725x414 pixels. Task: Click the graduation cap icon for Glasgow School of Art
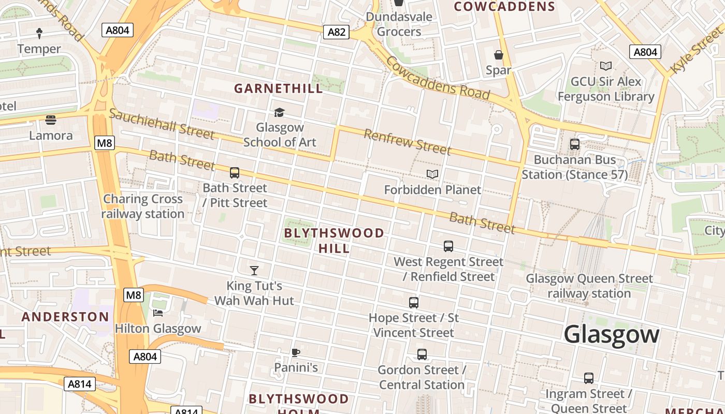(x=279, y=112)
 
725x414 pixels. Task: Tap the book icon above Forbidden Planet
(x=432, y=174)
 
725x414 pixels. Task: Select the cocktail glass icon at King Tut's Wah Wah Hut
(x=254, y=270)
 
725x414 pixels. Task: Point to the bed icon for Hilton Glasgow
(x=158, y=313)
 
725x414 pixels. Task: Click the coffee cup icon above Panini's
(x=295, y=352)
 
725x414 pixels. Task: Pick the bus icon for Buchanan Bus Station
(x=574, y=144)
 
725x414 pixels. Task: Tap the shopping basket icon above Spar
(x=498, y=55)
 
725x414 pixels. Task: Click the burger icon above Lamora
(x=51, y=120)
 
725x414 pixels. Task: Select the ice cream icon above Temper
(x=39, y=34)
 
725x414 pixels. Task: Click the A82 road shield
(x=336, y=32)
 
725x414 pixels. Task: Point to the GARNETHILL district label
(x=279, y=88)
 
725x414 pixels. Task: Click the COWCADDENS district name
(x=504, y=7)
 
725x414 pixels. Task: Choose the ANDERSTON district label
(x=65, y=317)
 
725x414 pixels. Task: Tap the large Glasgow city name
(x=611, y=334)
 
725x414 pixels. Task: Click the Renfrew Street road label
(x=407, y=141)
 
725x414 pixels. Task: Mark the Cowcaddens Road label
(x=438, y=78)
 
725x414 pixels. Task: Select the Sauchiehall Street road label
(x=161, y=124)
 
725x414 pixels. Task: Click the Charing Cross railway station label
(x=143, y=206)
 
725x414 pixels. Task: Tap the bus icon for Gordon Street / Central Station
(x=422, y=354)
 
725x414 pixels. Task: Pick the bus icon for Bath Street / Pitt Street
(x=235, y=173)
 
